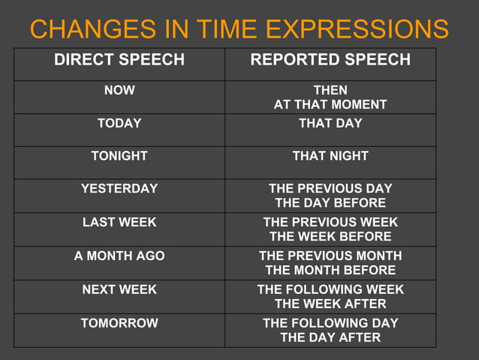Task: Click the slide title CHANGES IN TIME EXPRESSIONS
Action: point(239,29)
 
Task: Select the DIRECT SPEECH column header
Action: point(119,60)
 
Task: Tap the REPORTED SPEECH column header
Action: point(330,60)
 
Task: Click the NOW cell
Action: point(119,90)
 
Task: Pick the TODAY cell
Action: point(119,123)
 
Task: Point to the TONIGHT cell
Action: point(119,156)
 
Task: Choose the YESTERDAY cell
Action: point(119,189)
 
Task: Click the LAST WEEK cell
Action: point(119,222)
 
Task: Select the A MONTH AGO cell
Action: point(119,256)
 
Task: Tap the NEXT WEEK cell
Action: point(119,289)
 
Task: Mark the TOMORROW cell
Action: point(119,323)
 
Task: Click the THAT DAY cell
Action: point(330,123)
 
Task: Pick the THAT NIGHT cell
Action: point(330,156)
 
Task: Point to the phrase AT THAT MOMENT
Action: point(330,104)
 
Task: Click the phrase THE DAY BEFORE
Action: point(330,203)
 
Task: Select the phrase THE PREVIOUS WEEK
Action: point(330,222)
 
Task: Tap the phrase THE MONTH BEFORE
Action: point(330,270)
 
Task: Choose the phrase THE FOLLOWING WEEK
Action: point(330,289)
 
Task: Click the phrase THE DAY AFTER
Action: point(330,337)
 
